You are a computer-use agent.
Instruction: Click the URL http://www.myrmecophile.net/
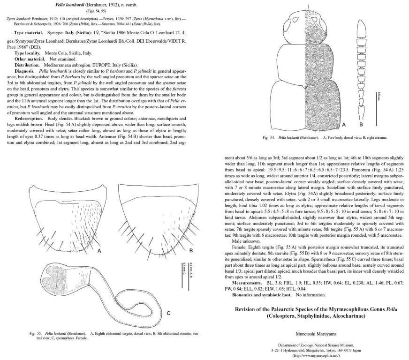[x=317, y=355]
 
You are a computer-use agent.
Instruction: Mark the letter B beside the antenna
[x=361, y=125]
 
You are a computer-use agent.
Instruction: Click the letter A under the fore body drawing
[x=344, y=125]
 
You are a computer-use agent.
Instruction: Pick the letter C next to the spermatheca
[x=167, y=313]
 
